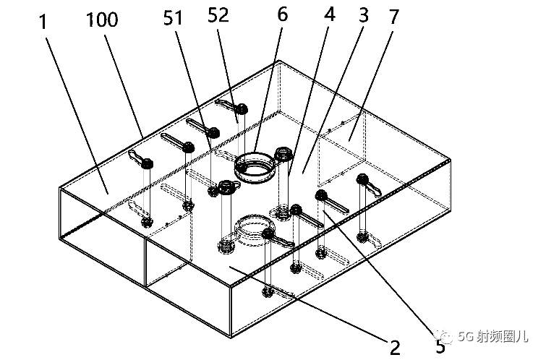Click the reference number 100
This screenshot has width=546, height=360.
[x=101, y=20]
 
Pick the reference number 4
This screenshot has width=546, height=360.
[x=330, y=16]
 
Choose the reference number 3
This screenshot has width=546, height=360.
[x=364, y=16]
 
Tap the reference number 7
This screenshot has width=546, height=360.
[x=395, y=17]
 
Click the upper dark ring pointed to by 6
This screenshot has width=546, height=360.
[x=255, y=166]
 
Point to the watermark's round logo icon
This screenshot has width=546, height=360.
[x=447, y=336]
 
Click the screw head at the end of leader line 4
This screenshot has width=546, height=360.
[x=284, y=154]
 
